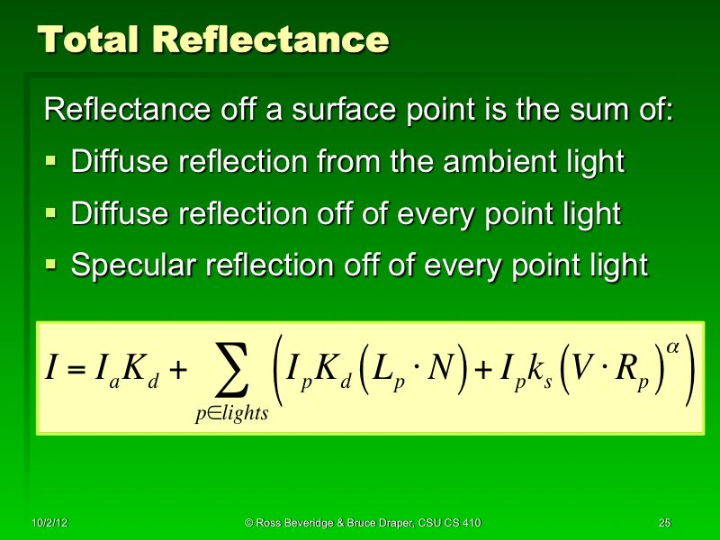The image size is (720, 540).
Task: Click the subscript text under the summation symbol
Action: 233,414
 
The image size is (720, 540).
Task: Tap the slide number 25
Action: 665,523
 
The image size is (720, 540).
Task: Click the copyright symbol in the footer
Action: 249,523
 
